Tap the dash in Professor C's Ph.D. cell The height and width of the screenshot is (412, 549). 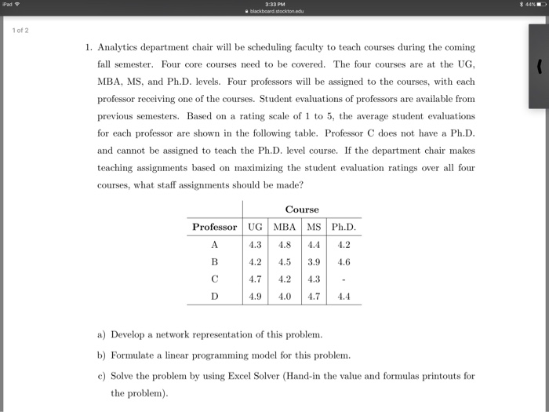coord(343,279)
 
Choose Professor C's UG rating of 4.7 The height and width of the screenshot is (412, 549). coord(255,279)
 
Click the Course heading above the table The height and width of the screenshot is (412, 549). coord(302,210)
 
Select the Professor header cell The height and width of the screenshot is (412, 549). coord(214,227)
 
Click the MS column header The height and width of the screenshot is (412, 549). coord(312,227)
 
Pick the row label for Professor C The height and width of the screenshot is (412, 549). coord(214,279)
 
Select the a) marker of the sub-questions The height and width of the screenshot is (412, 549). coord(101,334)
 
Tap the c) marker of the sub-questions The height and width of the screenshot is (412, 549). coord(101,376)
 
